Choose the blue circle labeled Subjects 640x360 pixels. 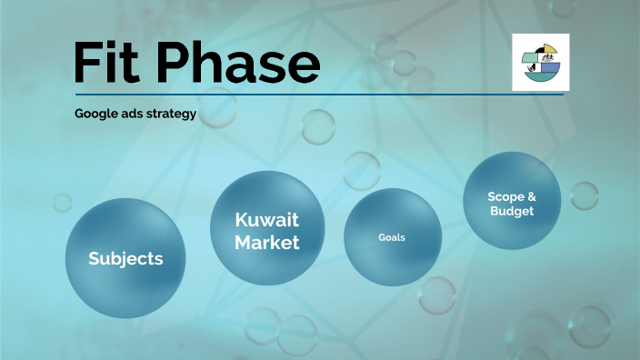pos(125,257)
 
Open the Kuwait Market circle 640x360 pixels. pos(267,228)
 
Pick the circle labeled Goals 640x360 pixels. pos(392,237)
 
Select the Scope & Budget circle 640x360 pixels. pos(511,202)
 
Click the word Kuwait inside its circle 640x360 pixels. pos(267,220)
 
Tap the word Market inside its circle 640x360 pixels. pos(267,243)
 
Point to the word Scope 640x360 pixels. pos(504,195)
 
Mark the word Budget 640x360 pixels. pos(511,211)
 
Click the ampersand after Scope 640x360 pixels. pos(532,195)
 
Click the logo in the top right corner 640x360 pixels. pos(540,62)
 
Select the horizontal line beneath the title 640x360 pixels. pos(318,94)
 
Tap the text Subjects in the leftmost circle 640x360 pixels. pos(125,258)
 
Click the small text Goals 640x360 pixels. pos(392,237)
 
